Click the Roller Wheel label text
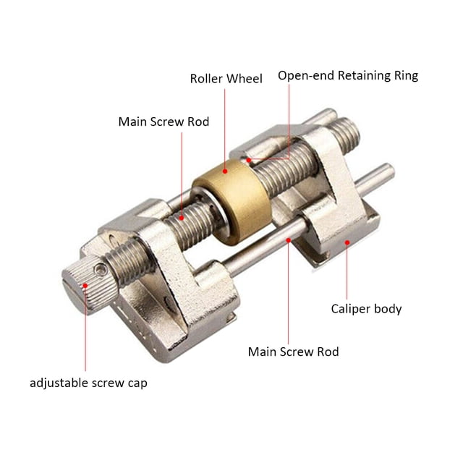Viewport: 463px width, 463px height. click(226, 79)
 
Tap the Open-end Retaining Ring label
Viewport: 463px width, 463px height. click(348, 75)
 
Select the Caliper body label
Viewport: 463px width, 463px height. click(366, 309)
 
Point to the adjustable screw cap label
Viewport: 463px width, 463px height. click(88, 383)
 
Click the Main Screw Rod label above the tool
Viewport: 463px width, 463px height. click(163, 122)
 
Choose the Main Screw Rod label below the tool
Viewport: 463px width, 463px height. click(293, 352)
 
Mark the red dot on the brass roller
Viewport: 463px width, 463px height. click(225, 171)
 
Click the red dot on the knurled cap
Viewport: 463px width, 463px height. click(85, 286)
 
